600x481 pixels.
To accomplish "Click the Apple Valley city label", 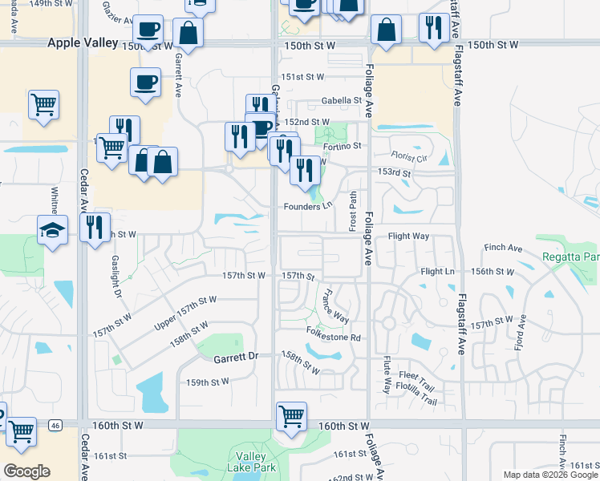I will point(83,42).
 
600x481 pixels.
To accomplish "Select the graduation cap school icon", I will point(53,230).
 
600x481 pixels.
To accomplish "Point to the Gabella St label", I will point(342,101).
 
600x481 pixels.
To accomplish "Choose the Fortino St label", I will point(343,146).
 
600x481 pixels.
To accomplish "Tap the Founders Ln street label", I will point(307,206).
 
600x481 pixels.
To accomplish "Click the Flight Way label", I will point(408,236).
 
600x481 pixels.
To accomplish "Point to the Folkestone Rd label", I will point(331,338).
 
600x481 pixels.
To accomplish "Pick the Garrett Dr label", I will point(236,357).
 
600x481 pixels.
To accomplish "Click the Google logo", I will point(26,471).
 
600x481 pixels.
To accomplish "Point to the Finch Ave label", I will point(503,247).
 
